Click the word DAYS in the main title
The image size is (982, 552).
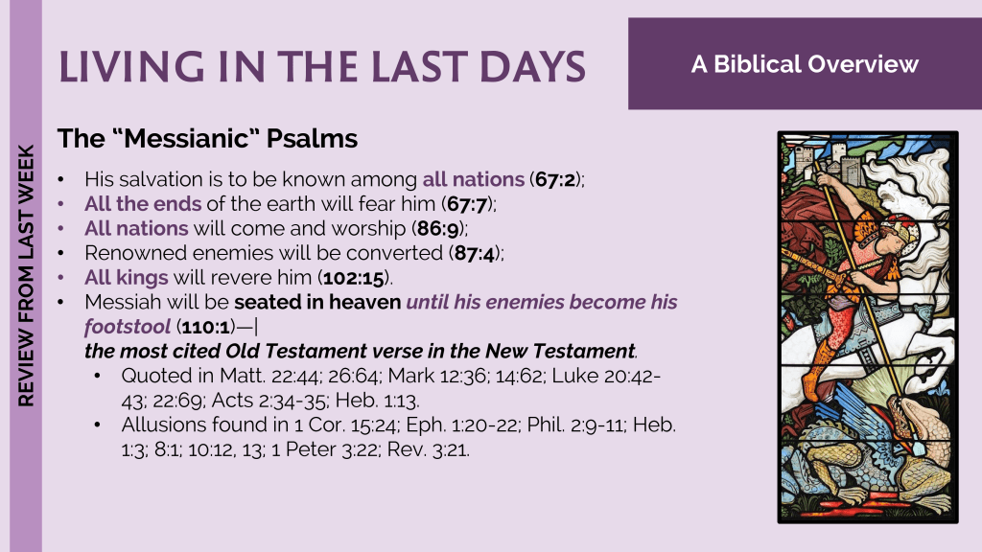[x=532, y=67]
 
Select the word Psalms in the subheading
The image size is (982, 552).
[x=312, y=139]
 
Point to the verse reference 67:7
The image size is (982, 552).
[x=467, y=204]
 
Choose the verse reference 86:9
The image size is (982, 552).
[x=437, y=228]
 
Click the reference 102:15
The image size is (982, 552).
[x=354, y=278]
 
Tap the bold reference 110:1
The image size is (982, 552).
[x=206, y=327]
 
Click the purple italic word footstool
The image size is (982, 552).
[x=128, y=327]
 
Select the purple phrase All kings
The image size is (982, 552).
[x=127, y=278]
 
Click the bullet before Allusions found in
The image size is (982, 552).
[x=98, y=425]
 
